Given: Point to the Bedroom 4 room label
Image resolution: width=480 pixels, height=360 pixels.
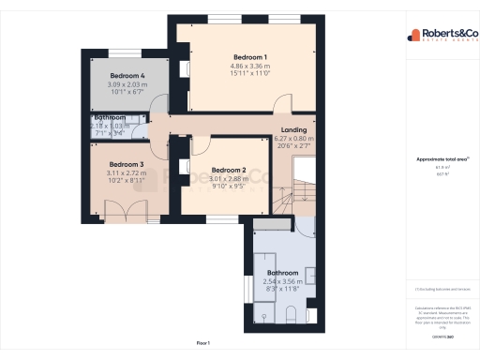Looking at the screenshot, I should [127, 75].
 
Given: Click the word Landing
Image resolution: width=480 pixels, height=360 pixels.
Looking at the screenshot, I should [293, 130].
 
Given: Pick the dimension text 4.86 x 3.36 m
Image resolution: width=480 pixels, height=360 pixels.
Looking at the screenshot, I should [251, 67].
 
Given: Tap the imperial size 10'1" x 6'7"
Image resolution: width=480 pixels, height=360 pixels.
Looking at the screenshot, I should [127, 93].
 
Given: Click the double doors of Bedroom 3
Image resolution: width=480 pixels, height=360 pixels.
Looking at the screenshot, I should [125, 212].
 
